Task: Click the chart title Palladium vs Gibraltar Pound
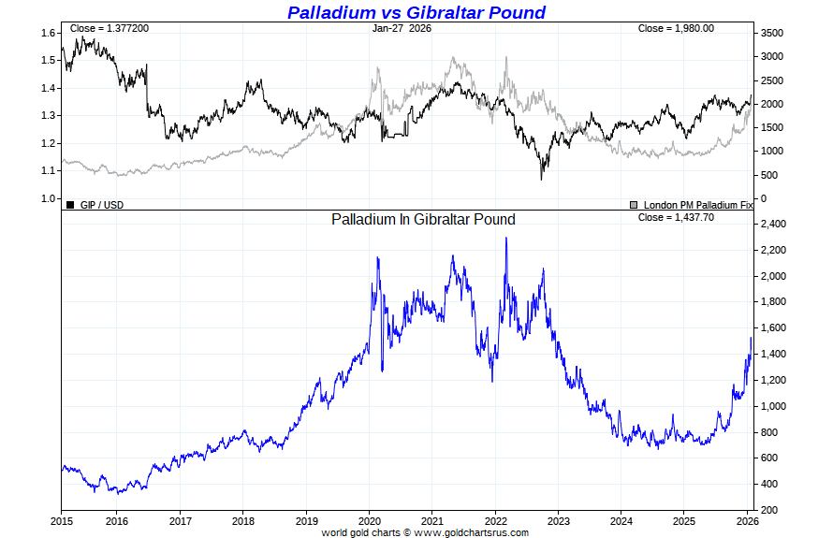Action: coord(416,12)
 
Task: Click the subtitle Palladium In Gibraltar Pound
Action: coord(423,219)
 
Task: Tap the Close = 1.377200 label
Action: coord(109,28)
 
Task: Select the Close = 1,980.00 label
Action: coord(676,28)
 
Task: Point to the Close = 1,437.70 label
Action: coord(675,217)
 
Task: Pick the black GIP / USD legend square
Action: coord(70,203)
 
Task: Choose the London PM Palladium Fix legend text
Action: coord(697,204)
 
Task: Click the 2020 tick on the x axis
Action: coord(370,520)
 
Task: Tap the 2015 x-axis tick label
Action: coord(62,520)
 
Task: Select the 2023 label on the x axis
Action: coord(559,520)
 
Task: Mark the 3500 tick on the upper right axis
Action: coord(772,33)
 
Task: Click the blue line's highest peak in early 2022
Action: coord(506,238)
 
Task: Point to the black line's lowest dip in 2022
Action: coord(541,179)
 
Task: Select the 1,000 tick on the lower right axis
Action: coord(773,406)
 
